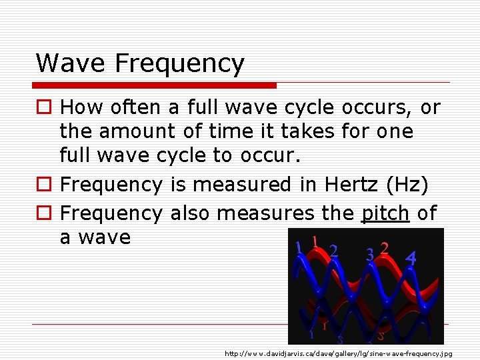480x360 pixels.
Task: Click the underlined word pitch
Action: (385, 213)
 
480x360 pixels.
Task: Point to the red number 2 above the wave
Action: (385, 248)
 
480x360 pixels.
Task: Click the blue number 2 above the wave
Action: (333, 251)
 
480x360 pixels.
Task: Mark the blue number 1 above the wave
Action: (299, 247)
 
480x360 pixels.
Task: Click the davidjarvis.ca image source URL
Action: (338, 353)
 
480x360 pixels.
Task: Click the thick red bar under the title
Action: (155, 85)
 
